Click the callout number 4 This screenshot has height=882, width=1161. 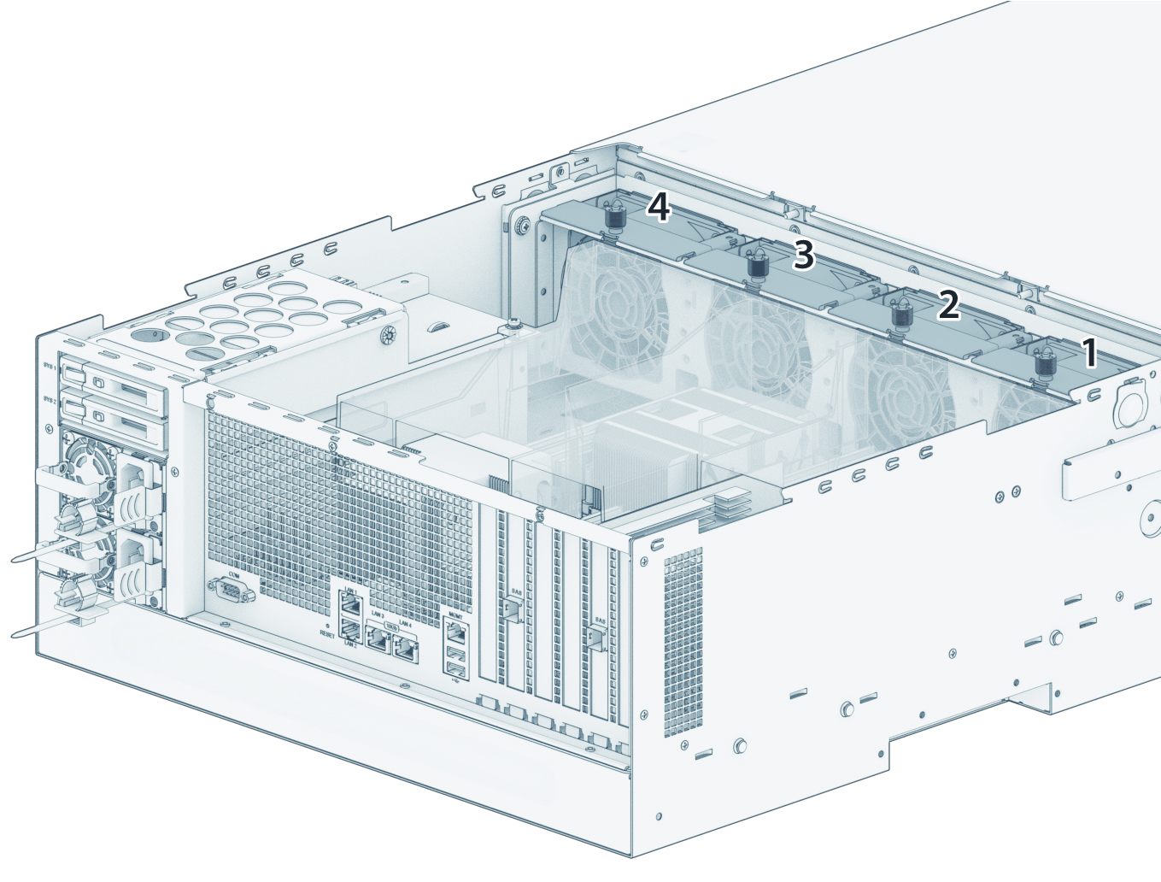point(658,208)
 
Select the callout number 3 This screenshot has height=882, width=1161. point(804,255)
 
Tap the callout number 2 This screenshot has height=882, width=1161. point(948,305)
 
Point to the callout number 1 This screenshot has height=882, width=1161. point(1088,353)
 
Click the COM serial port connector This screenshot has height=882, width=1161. point(230,590)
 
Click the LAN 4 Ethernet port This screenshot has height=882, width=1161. point(406,649)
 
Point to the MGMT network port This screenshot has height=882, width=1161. point(456,633)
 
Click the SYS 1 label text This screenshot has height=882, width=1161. point(49,367)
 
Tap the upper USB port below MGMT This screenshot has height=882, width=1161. point(456,657)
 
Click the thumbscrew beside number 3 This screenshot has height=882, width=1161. point(756,264)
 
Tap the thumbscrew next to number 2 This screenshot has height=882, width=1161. point(900,314)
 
